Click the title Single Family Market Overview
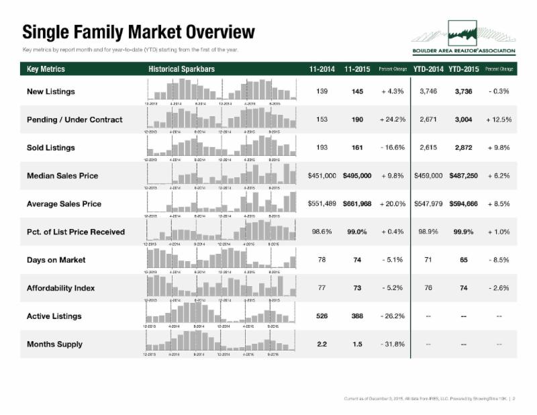pos(138,32)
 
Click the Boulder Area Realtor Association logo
pos(464,41)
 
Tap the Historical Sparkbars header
pos(181,69)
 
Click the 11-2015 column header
pos(357,69)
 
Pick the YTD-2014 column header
pos(428,69)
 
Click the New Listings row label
pos(51,91)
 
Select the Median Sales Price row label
pos(62,176)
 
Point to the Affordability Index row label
pos(61,288)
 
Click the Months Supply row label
pos(54,344)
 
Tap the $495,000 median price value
pos(357,176)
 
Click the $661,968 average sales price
pos(357,204)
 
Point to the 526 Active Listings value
pos(322,316)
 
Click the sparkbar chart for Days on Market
pos(221,259)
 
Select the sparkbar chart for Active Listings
pos(221,313)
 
